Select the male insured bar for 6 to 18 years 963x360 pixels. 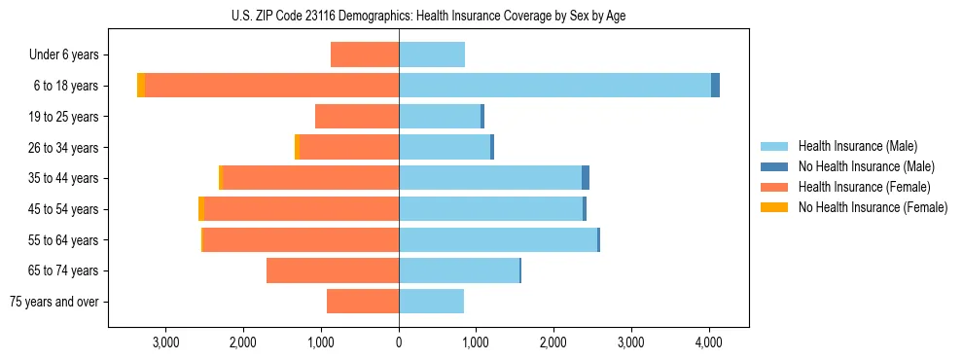click(x=554, y=86)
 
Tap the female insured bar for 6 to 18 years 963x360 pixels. click(x=272, y=86)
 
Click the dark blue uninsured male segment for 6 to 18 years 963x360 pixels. click(x=715, y=86)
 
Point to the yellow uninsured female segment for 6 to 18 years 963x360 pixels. click(x=141, y=86)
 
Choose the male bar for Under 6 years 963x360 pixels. click(x=432, y=54)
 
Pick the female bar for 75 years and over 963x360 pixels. click(x=363, y=302)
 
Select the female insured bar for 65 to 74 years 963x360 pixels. click(x=333, y=270)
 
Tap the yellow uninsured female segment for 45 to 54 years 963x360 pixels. click(x=201, y=209)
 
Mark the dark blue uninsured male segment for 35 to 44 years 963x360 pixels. click(x=586, y=178)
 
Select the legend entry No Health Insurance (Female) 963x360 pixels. click(x=873, y=207)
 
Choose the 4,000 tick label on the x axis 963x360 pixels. click(x=708, y=342)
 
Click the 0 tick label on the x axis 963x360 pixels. click(x=399, y=342)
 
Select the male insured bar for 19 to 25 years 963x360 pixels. click(x=440, y=117)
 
